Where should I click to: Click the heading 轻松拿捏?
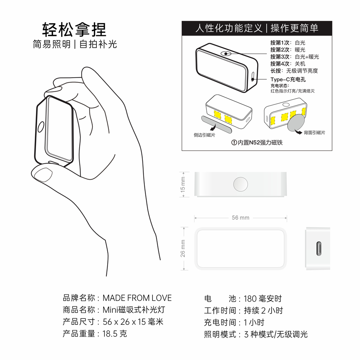point(74,30)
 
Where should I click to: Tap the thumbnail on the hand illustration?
point(43,174)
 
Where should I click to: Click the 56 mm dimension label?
point(240,218)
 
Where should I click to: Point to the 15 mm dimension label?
point(183,184)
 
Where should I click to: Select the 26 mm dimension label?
point(183,248)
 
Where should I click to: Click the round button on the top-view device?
point(240,184)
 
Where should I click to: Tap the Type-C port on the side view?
point(319,248)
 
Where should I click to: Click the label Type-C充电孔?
point(288,80)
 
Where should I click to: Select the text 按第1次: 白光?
point(288,43)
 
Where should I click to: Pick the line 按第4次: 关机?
point(288,64)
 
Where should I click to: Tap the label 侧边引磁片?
point(204,135)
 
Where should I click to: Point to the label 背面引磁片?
point(314,132)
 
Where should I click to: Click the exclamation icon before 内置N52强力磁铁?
point(234,142)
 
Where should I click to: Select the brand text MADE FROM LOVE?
point(137,298)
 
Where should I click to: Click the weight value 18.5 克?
point(114,334)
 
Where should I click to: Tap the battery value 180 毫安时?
point(263,299)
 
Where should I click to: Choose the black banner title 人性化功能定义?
point(229,28)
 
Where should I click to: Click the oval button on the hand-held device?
point(41,127)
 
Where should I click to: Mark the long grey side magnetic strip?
point(216,124)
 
